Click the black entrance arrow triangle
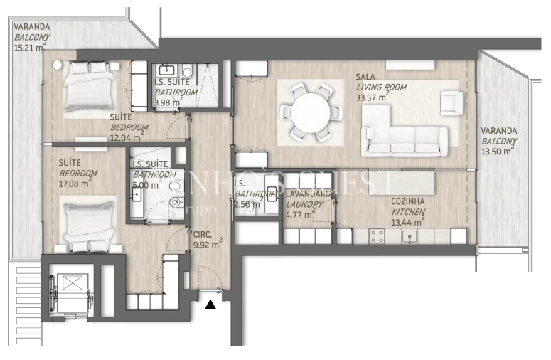pos(210,305)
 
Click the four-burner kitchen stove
pos(377,236)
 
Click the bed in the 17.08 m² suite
pos(87,224)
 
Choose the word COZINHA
pos(409,202)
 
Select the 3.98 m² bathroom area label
pos(168,102)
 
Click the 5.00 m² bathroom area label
pos(146,184)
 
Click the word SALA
pos(367,77)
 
